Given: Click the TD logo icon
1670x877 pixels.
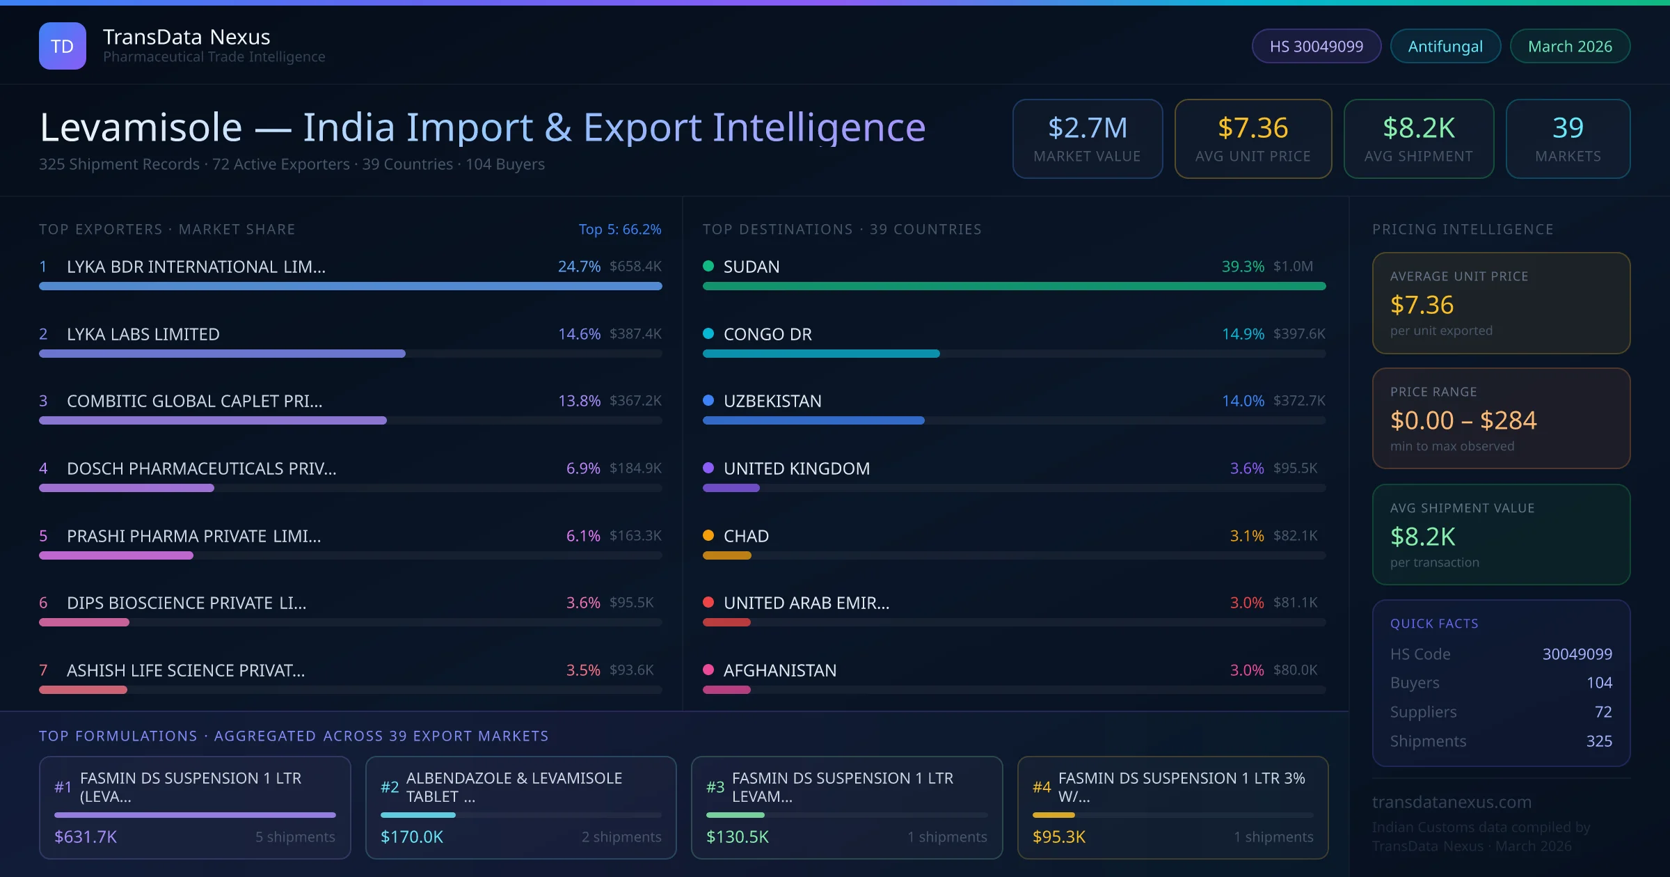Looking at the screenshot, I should pyautogui.click(x=63, y=46).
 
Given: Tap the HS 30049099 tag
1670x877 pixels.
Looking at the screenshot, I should pyautogui.click(x=1316, y=46).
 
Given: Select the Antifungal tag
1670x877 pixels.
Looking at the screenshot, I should pyautogui.click(x=1445, y=46).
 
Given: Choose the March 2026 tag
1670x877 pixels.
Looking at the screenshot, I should pyautogui.click(x=1570, y=46).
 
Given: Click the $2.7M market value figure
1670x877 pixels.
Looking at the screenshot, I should pyautogui.click(x=1088, y=128).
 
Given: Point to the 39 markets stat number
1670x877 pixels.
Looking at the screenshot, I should pyautogui.click(x=1568, y=128).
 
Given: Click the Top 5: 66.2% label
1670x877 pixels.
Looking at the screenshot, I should pyautogui.click(x=619, y=229).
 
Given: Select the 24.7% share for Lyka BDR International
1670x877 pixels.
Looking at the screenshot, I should pyautogui.click(x=579, y=267).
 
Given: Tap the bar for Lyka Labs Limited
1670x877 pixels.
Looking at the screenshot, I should pyautogui.click(x=222, y=354).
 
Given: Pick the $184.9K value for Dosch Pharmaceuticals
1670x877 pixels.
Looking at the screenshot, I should pyautogui.click(x=635, y=468).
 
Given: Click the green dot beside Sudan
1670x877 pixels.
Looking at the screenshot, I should pyautogui.click(x=708, y=266).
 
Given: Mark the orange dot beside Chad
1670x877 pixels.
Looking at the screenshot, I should pyautogui.click(x=708, y=535).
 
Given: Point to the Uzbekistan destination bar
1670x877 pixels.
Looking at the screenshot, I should pyautogui.click(x=813, y=420).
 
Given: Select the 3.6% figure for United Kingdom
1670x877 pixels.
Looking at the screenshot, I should pyautogui.click(x=1246, y=468).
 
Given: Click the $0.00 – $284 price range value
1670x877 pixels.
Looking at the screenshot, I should pyautogui.click(x=1463, y=420).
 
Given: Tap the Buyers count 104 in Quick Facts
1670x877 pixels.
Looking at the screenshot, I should pyautogui.click(x=1599, y=683).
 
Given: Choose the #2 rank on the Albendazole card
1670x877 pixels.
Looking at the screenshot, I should pyautogui.click(x=390, y=787).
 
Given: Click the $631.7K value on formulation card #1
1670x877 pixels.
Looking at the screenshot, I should pyautogui.click(x=86, y=837).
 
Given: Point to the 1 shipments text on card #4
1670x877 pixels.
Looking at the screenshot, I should pyautogui.click(x=1273, y=837).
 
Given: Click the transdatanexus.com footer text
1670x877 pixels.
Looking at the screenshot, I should pyautogui.click(x=1452, y=802).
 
